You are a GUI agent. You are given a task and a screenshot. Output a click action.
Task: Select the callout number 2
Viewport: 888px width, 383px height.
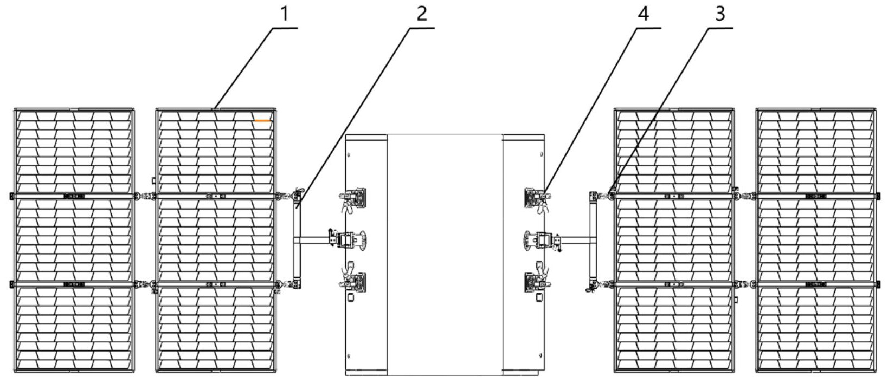422,14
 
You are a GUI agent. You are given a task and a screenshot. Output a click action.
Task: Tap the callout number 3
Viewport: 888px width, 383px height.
720,14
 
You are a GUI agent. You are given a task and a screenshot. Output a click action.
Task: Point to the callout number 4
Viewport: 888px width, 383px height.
644,14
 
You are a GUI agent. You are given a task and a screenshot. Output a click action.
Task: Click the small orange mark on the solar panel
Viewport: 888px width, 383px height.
262,120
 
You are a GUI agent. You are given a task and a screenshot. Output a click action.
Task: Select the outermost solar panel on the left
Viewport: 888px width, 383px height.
74,240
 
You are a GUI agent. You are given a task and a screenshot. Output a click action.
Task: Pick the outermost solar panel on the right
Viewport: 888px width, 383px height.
816,240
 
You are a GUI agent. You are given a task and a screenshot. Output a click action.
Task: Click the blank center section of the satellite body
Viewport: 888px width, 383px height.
445,255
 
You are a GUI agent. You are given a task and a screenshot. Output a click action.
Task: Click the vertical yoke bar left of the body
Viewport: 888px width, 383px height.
297,240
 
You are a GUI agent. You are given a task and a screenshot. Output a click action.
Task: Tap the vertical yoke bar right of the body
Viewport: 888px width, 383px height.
593,240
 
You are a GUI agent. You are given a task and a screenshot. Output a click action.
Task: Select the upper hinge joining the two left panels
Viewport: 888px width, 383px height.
145,196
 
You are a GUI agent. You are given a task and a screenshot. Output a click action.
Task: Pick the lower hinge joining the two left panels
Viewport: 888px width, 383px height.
145,284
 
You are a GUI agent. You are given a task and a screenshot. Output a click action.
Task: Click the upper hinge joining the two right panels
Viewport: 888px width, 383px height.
745,196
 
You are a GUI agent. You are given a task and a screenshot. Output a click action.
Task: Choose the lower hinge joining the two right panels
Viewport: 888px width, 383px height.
745,284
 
